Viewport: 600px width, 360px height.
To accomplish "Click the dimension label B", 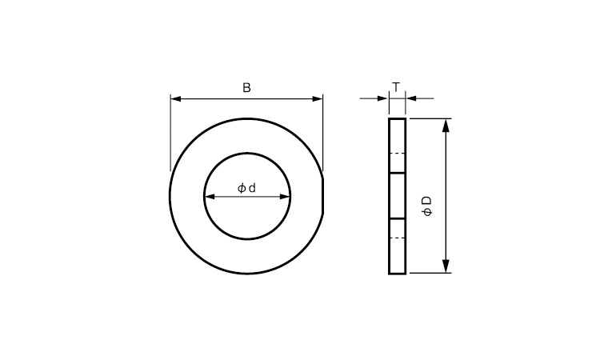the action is [247, 88].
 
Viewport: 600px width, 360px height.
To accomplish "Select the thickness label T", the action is [397, 87].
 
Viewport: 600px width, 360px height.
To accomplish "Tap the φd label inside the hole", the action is [246, 188].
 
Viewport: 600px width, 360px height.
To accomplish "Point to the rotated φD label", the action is [427, 206].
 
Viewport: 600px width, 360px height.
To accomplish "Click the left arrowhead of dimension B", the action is [176, 98].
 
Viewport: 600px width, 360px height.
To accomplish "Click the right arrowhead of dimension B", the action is [318, 98].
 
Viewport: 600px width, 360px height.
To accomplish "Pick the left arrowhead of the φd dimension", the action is [210, 197].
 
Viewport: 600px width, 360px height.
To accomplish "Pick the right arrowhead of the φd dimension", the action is [285, 197].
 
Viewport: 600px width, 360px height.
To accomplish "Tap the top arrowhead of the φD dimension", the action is [446, 126].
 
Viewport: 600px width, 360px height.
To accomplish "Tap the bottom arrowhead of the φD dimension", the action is [446, 266].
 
